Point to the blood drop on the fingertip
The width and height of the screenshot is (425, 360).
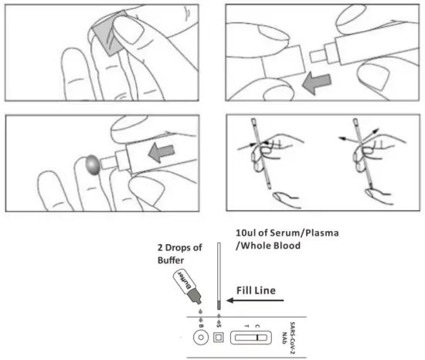(x=92, y=164)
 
